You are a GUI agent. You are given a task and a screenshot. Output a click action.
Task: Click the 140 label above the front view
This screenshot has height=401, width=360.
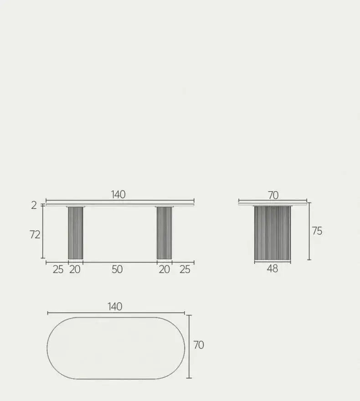click(118, 195)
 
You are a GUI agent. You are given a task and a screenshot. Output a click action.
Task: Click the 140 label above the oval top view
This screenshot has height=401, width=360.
click(115, 306)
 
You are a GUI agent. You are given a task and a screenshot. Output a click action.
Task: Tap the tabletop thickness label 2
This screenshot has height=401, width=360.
click(34, 205)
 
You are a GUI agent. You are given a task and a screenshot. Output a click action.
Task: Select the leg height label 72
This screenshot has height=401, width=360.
click(35, 234)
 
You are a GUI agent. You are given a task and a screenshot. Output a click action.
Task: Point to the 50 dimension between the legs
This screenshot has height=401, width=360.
click(117, 269)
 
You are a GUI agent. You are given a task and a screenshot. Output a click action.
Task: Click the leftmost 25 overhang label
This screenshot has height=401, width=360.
click(58, 269)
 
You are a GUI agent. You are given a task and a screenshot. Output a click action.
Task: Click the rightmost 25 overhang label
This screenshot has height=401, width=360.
click(185, 269)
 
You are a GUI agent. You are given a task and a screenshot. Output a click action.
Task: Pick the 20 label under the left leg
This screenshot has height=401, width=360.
click(75, 269)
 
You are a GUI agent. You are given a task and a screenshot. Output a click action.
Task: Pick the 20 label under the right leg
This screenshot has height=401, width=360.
click(164, 269)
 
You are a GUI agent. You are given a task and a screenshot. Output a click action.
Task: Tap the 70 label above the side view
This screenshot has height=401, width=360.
click(273, 195)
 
